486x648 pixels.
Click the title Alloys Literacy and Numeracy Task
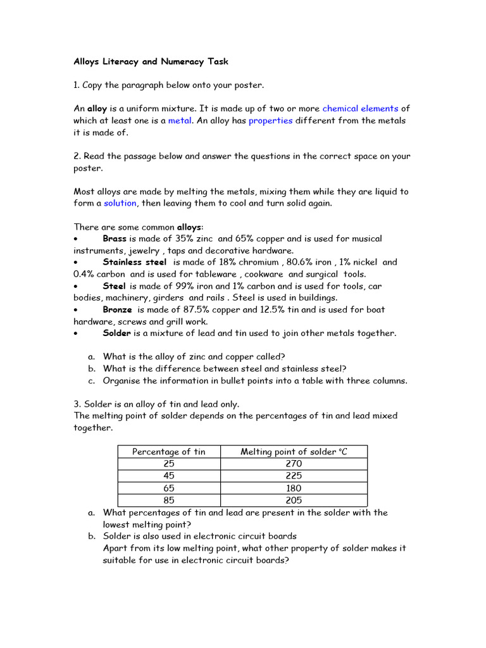tap(151, 61)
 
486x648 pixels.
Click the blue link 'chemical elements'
tap(360, 109)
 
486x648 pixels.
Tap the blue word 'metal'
tap(179, 121)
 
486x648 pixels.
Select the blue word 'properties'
tap(270, 121)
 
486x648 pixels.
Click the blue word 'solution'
tap(120, 203)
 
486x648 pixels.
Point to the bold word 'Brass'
tap(115, 239)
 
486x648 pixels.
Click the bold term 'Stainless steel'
tap(135, 262)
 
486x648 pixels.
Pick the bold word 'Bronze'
tap(117, 309)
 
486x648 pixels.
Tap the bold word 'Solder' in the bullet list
tap(117, 333)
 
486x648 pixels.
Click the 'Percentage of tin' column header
tap(168, 451)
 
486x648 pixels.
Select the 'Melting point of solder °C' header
tap(294, 451)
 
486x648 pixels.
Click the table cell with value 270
tap(294, 464)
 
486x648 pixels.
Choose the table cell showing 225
tap(294, 476)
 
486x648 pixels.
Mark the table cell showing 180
tap(294, 489)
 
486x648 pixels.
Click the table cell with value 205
tap(294, 501)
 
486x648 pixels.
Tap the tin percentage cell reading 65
tap(168, 489)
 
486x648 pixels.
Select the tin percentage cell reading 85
tap(168, 501)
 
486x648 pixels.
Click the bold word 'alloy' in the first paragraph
tap(97, 109)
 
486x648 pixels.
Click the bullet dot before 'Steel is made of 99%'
tap(75, 286)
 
